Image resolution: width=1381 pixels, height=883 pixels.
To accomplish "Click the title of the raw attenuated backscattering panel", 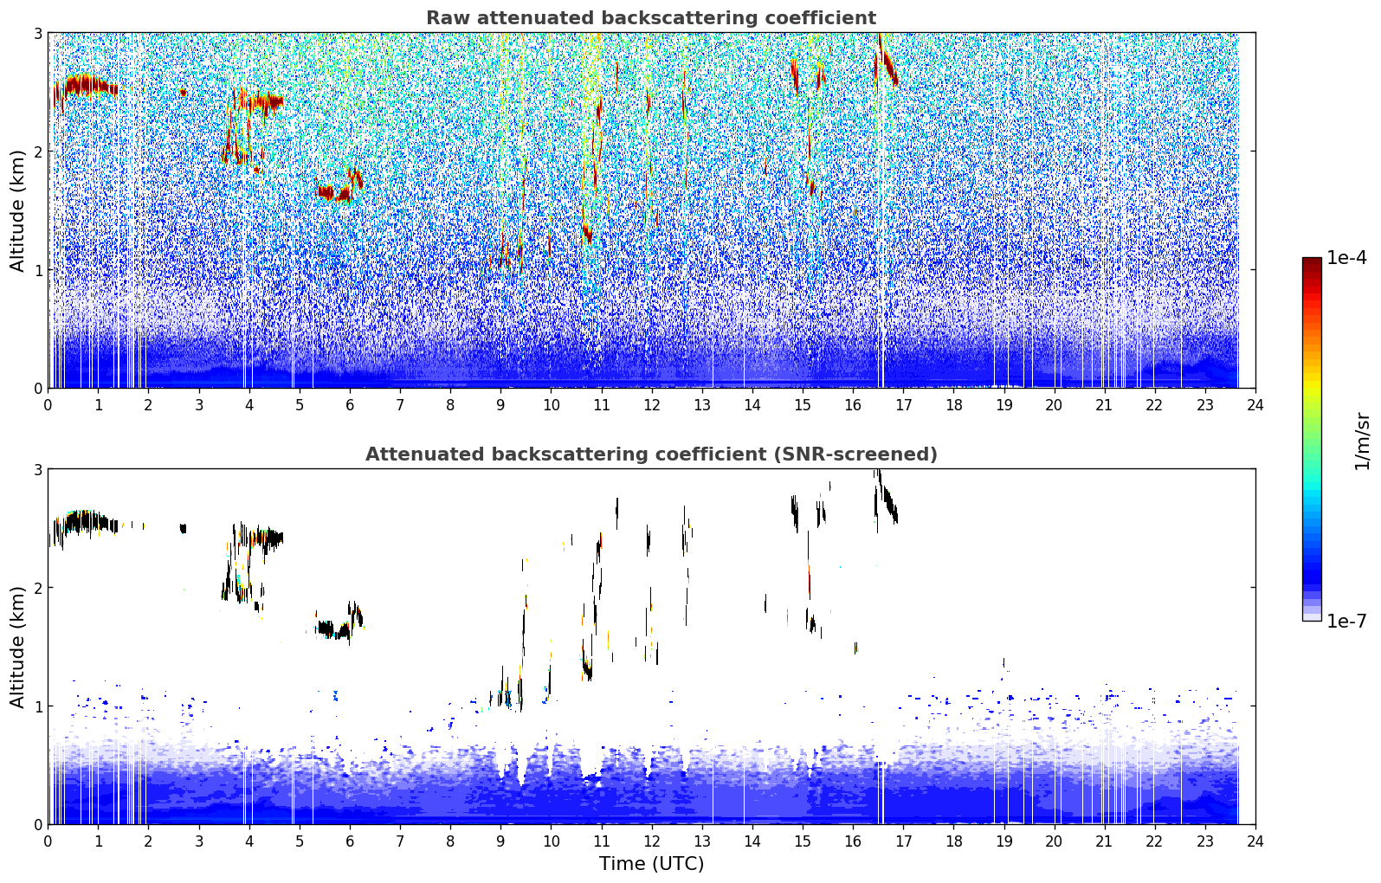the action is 651,18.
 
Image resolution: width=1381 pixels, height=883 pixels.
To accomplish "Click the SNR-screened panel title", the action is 651,454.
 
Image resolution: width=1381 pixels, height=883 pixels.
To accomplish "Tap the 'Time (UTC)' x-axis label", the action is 651,864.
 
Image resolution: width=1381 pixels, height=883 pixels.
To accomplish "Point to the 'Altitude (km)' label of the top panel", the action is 17,211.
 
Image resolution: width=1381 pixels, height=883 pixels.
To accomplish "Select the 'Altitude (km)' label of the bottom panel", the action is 17,647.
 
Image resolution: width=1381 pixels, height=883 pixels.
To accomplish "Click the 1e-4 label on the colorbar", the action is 1346,258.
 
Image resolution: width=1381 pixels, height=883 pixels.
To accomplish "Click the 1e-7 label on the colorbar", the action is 1346,621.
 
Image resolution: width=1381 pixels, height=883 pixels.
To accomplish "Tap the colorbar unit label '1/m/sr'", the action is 1362,441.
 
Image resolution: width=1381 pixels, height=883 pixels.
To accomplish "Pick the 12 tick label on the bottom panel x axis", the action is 652,841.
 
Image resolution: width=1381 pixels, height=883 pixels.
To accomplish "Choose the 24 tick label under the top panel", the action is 1255,405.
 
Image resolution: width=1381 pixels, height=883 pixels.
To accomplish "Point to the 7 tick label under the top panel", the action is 400,405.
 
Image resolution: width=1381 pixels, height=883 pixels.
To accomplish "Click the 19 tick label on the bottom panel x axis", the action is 1004,841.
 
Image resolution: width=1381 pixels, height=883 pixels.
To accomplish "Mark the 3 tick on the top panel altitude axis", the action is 37,33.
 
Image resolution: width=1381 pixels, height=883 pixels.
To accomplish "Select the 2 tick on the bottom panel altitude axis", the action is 37,588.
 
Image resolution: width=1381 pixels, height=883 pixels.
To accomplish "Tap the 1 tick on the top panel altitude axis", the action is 37,270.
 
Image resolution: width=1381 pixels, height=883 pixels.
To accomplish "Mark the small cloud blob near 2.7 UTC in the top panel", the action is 183,93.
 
